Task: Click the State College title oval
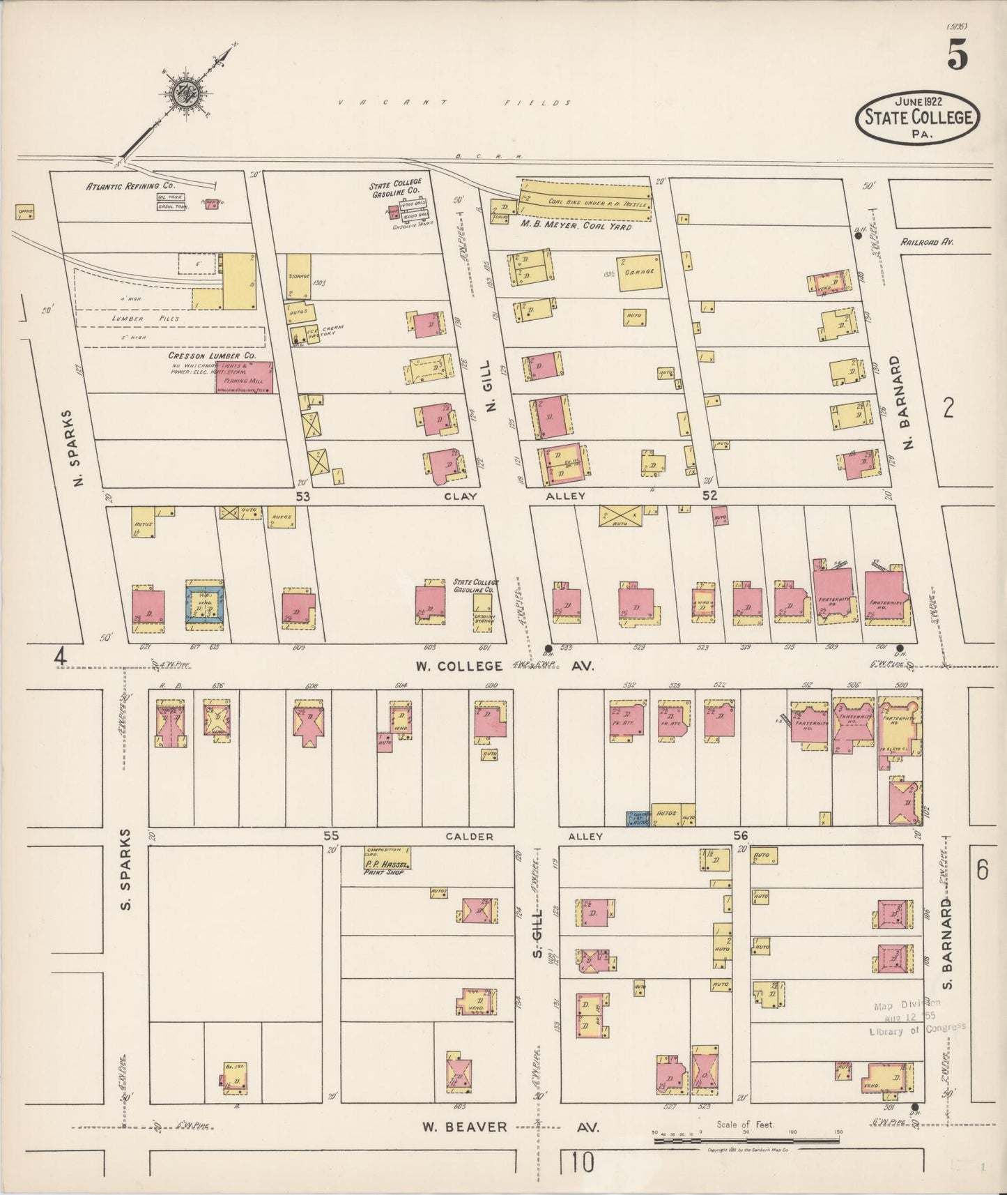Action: coord(918,116)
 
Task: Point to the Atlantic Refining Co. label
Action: coord(131,186)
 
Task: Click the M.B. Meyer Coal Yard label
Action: coord(575,227)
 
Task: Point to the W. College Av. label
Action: coord(504,666)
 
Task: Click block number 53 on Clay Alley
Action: coord(302,496)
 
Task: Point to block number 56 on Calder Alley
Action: coord(740,835)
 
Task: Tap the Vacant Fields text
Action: coord(454,102)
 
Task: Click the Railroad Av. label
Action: coord(926,242)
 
